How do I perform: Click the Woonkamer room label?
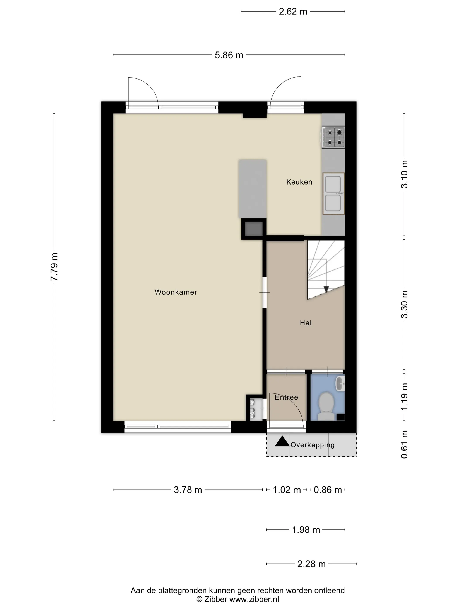[x=176, y=292]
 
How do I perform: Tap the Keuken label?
[x=299, y=182]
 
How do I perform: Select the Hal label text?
[x=306, y=323]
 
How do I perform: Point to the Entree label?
[x=286, y=397]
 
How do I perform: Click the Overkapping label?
[x=312, y=445]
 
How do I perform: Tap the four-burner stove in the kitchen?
[x=333, y=137]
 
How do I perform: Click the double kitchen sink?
[x=333, y=194]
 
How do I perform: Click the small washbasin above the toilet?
[x=340, y=383]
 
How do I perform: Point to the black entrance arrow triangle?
[x=282, y=441]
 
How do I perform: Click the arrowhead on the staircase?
[x=326, y=289]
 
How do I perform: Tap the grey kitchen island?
[x=253, y=189]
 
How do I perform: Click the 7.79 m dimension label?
[x=54, y=267]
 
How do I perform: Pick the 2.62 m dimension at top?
[x=293, y=12]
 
